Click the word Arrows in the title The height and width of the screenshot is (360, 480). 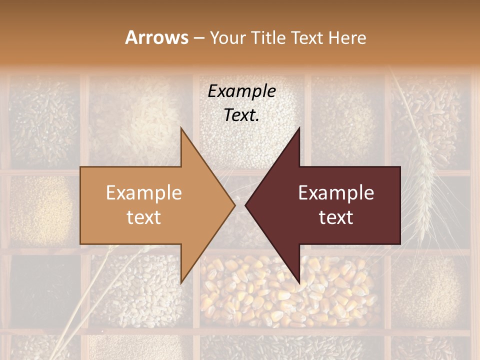tap(156, 37)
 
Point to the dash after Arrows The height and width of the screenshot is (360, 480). tap(198, 38)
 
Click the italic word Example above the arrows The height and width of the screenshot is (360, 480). tap(241, 91)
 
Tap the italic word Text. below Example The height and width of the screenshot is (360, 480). tap(241, 115)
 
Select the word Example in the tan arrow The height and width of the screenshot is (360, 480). tap(144, 193)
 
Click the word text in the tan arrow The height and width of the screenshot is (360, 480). tap(144, 217)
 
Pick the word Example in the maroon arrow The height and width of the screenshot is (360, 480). tap(336, 193)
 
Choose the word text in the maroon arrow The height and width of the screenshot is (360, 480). tap(336, 217)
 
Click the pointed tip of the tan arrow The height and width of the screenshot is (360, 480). tap(234, 205)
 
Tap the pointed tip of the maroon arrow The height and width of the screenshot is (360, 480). tap(245, 205)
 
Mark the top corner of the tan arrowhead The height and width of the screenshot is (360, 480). tap(181, 128)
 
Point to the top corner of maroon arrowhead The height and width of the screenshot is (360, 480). tap(299, 128)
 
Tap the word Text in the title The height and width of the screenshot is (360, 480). tap(308, 37)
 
